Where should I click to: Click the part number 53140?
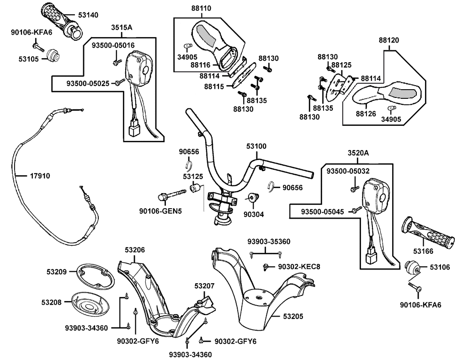(88, 15)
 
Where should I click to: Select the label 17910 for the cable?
(40, 175)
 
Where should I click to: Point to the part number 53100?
(256, 146)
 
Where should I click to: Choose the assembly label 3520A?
(358, 153)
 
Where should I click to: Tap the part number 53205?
(294, 316)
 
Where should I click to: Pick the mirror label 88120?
(389, 40)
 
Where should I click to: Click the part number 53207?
(204, 286)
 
